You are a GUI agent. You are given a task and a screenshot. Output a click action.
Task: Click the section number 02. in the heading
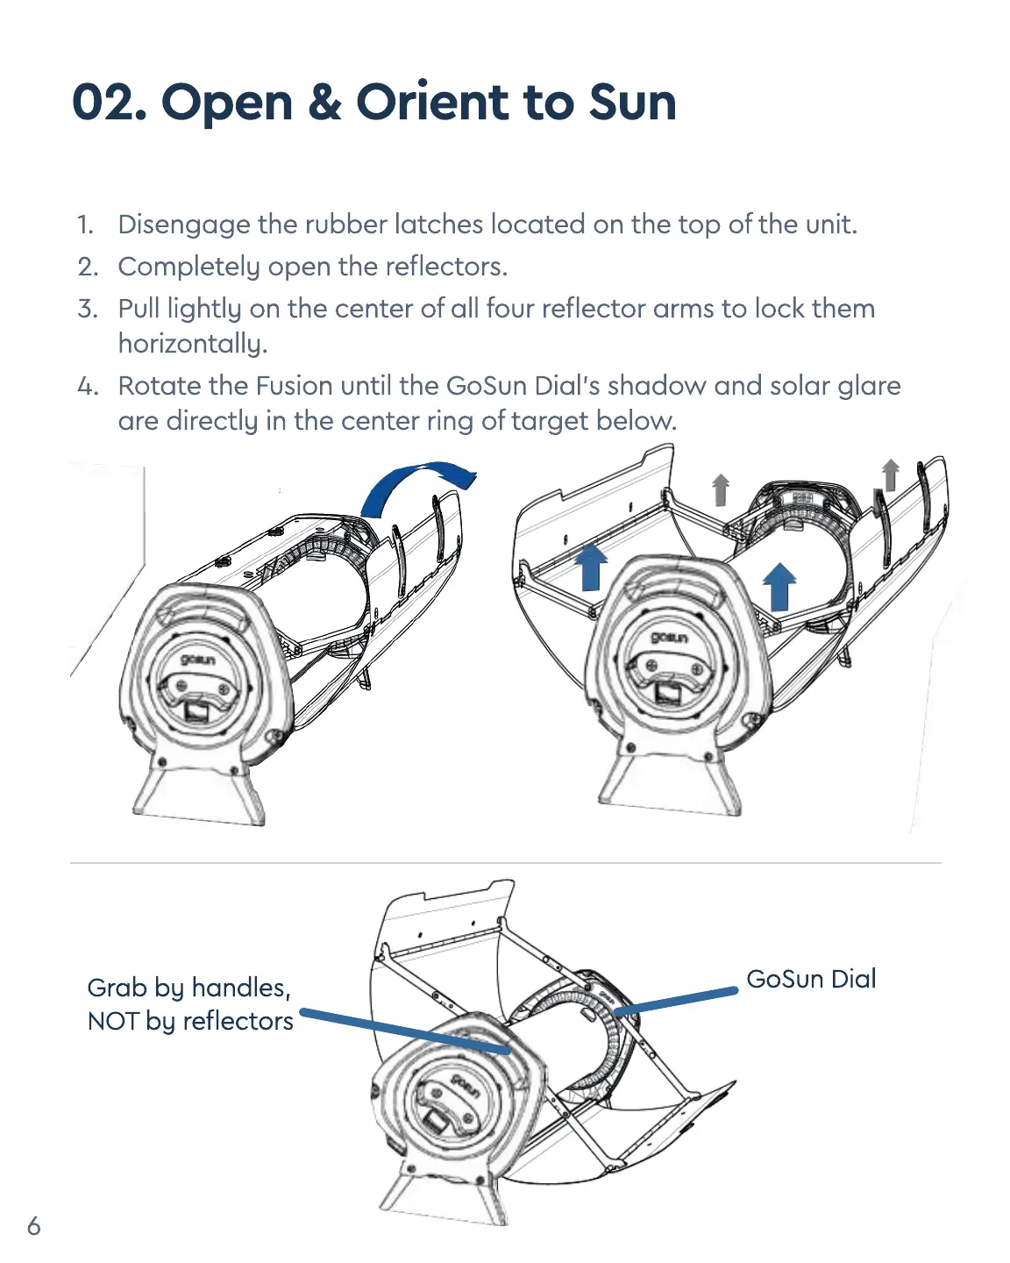(109, 103)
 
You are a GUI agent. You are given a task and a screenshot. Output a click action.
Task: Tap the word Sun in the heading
(632, 103)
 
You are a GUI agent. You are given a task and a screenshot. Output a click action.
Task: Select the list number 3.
(88, 309)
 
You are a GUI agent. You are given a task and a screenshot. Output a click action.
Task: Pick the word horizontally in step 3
(192, 344)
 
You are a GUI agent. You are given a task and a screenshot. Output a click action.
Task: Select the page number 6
(33, 1225)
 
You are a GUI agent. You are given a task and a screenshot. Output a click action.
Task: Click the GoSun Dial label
(811, 979)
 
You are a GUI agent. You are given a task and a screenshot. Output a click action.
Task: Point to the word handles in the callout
(239, 988)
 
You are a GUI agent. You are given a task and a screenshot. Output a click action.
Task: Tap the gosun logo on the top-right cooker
(668, 637)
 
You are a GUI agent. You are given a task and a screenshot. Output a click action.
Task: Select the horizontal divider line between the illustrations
(505, 863)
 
